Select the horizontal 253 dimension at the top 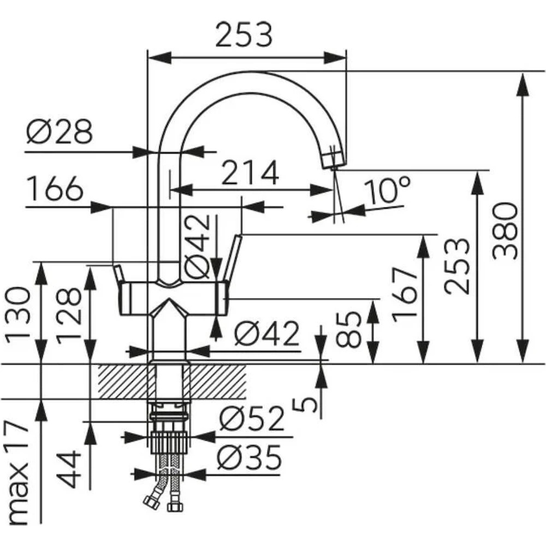click(x=244, y=35)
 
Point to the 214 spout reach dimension click(x=250, y=173)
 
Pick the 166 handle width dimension click(x=55, y=189)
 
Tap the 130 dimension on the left click(x=19, y=313)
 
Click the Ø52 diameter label click(x=252, y=420)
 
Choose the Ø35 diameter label click(x=249, y=458)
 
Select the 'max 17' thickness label click(x=19, y=472)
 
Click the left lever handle click(x=119, y=272)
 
